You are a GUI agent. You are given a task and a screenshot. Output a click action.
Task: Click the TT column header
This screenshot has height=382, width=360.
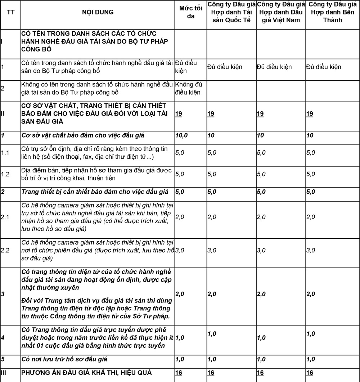coord(11,12)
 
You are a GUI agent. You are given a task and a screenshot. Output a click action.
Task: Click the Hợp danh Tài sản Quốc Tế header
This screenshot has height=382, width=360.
coord(231,12)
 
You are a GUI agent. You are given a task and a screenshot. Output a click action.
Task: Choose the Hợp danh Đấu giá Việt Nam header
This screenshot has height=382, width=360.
coord(281,12)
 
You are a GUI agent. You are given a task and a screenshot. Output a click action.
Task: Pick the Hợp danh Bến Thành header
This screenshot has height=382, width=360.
coord(332,12)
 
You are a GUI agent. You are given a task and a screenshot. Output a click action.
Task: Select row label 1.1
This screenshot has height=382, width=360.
coord(5,153)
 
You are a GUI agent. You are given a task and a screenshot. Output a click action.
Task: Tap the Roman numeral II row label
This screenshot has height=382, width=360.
coord(3,114)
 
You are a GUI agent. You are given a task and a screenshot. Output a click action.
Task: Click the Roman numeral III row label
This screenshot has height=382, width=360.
coord(4,373)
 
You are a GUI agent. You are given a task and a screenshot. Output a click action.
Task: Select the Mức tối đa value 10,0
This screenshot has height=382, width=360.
coord(181,135)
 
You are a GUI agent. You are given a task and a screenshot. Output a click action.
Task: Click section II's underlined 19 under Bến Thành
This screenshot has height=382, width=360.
coord(310,114)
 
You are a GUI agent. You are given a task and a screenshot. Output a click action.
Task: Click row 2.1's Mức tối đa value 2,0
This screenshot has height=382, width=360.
coord(180,217)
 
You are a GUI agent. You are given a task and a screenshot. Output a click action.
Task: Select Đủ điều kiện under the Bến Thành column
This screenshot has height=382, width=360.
coord(324,67)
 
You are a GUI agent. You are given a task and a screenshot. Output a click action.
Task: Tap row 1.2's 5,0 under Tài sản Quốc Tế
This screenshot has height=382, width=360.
coord(212,174)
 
